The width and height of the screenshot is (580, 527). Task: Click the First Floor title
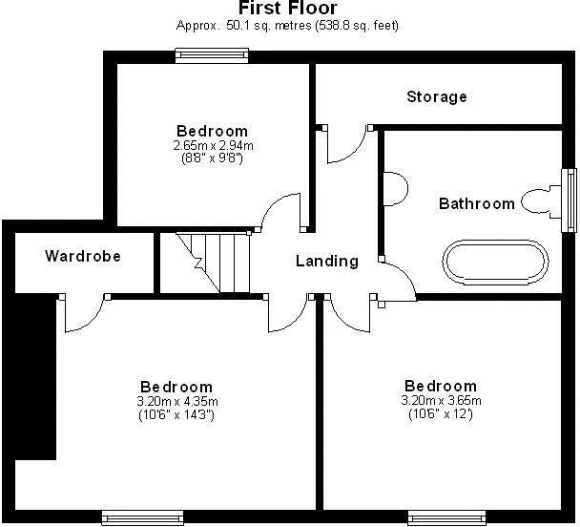click(287, 9)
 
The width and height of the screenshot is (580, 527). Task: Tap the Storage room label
click(436, 96)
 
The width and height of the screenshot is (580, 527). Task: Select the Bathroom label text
click(476, 203)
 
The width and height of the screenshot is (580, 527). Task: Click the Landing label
click(326, 261)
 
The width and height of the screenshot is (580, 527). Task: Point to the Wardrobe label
click(83, 256)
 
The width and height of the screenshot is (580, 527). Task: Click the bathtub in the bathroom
click(495, 261)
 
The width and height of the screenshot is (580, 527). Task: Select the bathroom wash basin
click(392, 187)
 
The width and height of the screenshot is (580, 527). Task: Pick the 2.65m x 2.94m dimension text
click(213, 145)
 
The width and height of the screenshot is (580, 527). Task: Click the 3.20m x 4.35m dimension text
click(177, 401)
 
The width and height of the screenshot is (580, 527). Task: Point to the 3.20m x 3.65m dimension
click(440, 400)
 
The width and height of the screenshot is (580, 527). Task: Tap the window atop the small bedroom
click(213, 56)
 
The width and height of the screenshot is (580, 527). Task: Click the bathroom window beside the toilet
click(570, 200)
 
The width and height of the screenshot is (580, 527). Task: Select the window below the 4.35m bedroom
click(142, 517)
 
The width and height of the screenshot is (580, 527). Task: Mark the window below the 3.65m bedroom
click(447, 517)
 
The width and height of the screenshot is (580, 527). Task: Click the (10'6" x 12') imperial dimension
click(440, 413)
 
